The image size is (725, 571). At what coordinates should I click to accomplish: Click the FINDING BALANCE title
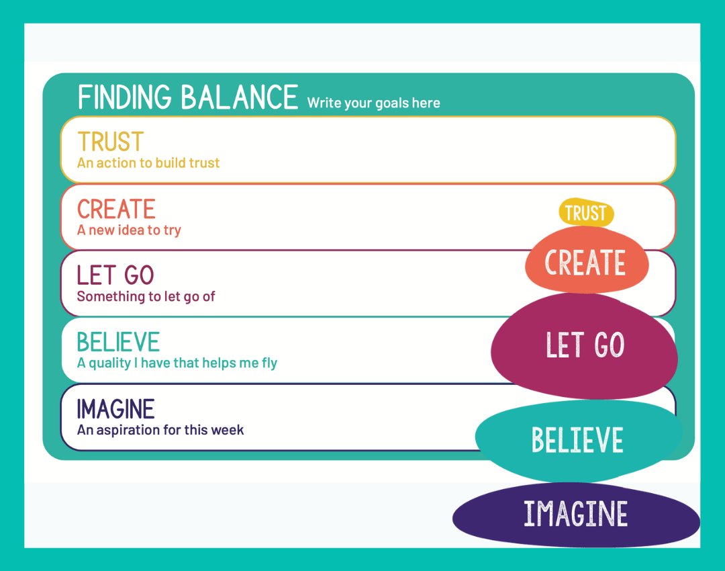click(188, 97)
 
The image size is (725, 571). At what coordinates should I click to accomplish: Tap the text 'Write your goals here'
click(374, 103)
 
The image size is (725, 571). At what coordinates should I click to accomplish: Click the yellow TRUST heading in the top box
click(111, 142)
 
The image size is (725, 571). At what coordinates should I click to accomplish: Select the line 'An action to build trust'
click(148, 163)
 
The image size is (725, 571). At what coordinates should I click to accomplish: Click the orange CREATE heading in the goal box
click(116, 209)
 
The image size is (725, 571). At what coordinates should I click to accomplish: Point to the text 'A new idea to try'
click(129, 230)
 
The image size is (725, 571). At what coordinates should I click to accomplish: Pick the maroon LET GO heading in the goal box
click(115, 275)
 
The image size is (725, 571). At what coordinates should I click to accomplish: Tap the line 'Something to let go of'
click(146, 296)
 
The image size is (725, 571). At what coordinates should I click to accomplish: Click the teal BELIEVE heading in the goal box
click(118, 342)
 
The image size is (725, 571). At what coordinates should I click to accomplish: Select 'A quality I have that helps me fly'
click(177, 363)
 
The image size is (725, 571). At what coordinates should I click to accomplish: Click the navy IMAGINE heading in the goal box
click(115, 409)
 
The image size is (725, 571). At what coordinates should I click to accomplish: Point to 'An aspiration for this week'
click(160, 430)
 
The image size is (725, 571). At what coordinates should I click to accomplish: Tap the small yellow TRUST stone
click(586, 213)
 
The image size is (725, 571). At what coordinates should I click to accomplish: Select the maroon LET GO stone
click(585, 346)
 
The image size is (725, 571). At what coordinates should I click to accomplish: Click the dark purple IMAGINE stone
click(576, 515)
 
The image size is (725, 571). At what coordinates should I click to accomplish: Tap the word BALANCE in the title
click(240, 97)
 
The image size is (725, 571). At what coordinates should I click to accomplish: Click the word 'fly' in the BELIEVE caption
click(270, 363)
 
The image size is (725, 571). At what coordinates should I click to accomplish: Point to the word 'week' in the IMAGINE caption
click(227, 430)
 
